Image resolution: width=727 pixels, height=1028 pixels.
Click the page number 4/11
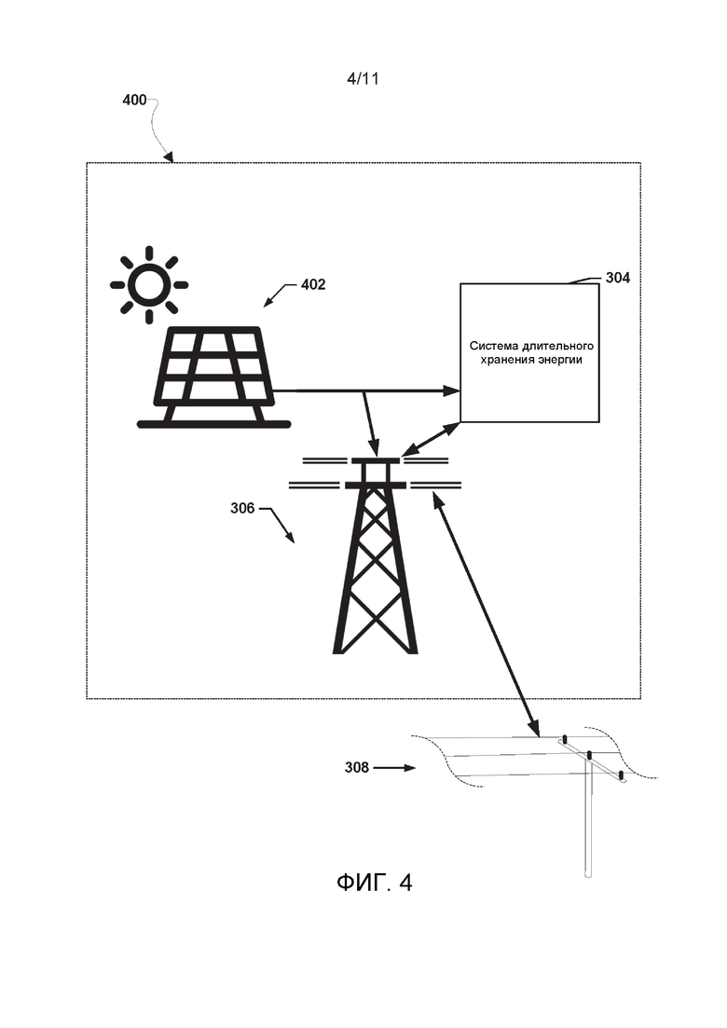[x=363, y=79]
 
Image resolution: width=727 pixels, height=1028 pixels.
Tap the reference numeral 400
[x=134, y=100]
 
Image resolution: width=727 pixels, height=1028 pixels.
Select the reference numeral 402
[x=313, y=284]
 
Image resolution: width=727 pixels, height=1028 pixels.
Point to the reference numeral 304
[x=617, y=277]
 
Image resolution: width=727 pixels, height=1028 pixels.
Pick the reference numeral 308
[x=357, y=768]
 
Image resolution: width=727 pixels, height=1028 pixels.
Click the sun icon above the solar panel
[x=149, y=284]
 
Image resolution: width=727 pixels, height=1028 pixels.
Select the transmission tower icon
[x=376, y=559]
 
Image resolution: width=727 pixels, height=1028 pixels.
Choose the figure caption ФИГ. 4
[x=374, y=883]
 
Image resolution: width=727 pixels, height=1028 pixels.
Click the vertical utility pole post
[x=587, y=820]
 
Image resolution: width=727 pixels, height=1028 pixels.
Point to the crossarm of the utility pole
[x=593, y=759]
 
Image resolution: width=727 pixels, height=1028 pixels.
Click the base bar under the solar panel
[x=213, y=424]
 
